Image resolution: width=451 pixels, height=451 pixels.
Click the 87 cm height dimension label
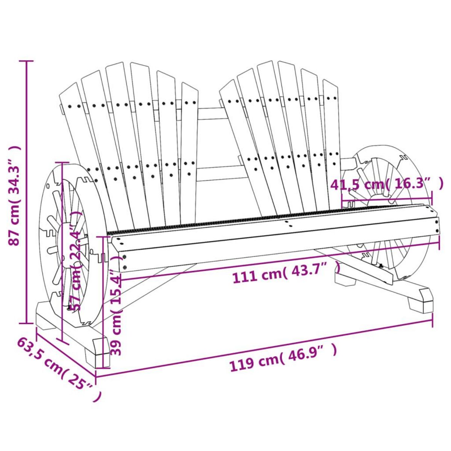(x=14, y=195)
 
